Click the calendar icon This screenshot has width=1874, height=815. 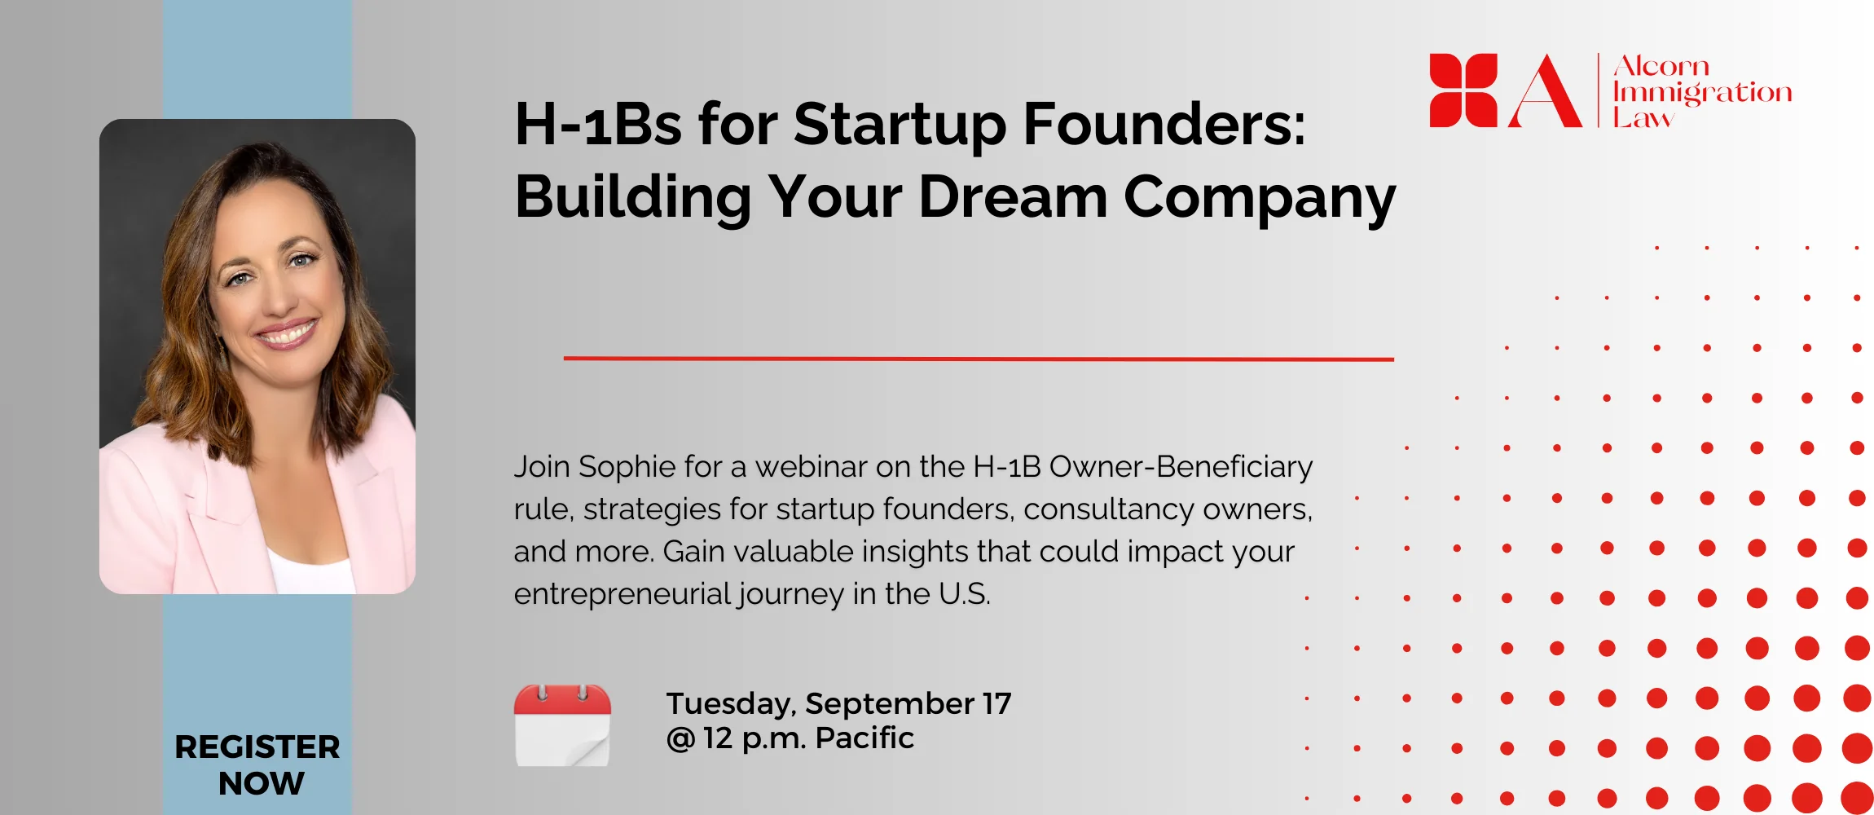pos(562,725)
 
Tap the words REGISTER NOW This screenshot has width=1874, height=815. pos(257,764)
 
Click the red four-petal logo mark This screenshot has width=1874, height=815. pos(1463,90)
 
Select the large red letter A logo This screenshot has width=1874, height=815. pos(1545,91)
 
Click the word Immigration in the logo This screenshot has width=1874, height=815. pos(1702,94)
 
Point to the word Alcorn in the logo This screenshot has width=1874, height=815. pos(1661,65)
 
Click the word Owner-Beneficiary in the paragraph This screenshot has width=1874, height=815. pos(1181,467)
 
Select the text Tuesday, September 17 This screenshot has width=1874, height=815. pos(838,703)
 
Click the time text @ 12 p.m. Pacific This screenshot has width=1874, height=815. pos(790,738)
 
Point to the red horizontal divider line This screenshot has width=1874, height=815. pos(979,359)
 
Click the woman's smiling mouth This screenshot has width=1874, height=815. pos(284,333)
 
